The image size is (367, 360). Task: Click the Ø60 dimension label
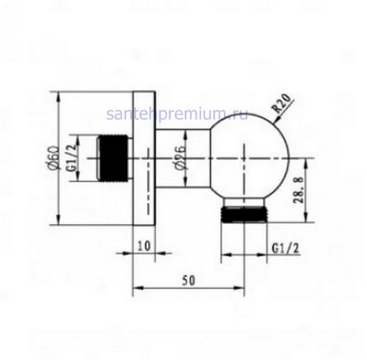pos(54,158)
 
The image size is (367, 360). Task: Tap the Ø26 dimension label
pos(181,158)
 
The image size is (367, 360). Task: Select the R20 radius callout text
pos(283,103)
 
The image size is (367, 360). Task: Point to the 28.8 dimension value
pos(299,190)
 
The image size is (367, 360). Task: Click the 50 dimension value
pos(189,281)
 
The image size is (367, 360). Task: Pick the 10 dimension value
pos(144,246)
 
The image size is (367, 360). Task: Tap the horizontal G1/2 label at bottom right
pos(286,249)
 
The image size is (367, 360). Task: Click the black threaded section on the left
pos(114,158)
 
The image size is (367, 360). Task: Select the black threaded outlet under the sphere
pos(244,215)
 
